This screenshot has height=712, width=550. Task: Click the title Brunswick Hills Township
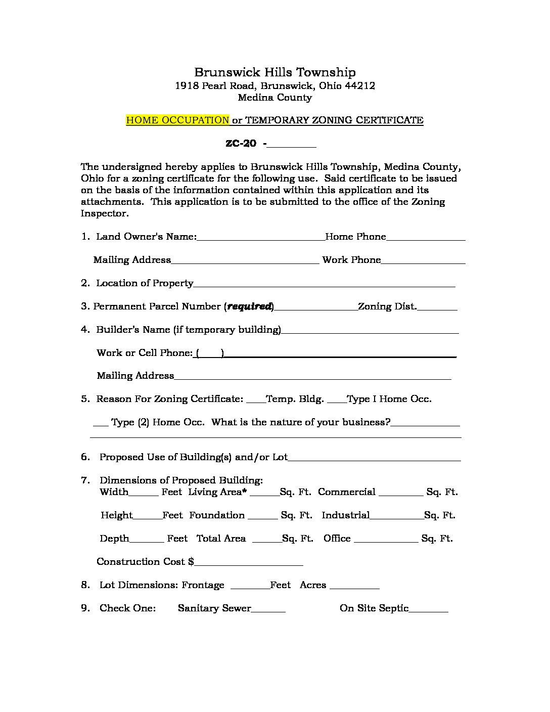(x=275, y=72)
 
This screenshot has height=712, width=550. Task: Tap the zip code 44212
(x=359, y=85)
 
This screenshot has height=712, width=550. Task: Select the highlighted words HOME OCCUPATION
(x=177, y=120)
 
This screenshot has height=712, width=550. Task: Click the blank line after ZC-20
(x=291, y=145)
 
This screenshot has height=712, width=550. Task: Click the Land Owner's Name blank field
(x=261, y=238)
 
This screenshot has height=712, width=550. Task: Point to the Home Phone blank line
(x=426, y=238)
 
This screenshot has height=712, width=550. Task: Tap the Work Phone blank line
(x=423, y=261)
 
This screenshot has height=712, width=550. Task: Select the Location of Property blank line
(x=324, y=284)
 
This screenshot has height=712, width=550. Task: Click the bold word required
(x=250, y=306)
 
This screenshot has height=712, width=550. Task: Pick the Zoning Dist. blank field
(x=437, y=307)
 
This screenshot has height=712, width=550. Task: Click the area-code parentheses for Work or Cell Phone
(x=210, y=353)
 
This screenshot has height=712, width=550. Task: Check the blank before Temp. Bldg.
(x=256, y=400)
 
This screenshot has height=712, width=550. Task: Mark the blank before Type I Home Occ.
(x=337, y=400)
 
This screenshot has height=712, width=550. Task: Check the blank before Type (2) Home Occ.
(x=101, y=423)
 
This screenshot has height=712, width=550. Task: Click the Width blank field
(x=144, y=493)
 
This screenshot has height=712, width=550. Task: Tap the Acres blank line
(x=354, y=586)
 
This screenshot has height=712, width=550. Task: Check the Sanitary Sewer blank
(x=268, y=609)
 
